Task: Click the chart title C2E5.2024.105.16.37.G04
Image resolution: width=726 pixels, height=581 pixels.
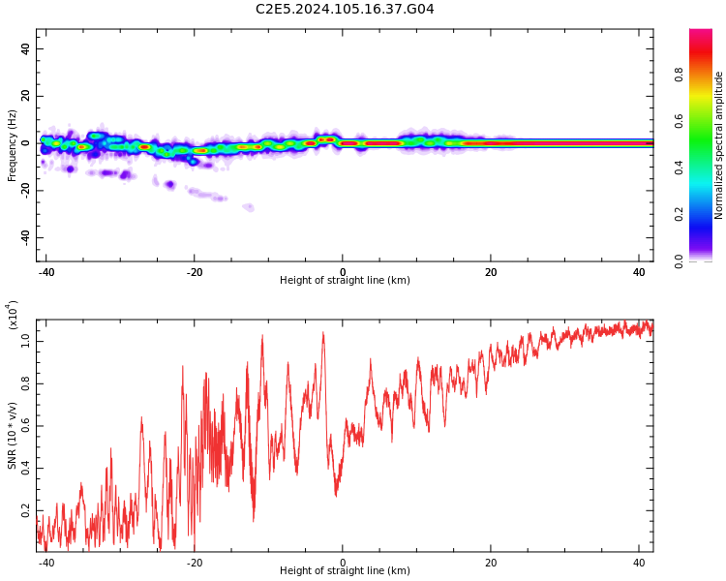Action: pos(345,9)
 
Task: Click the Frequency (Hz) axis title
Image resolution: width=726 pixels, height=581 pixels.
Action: pos(12,145)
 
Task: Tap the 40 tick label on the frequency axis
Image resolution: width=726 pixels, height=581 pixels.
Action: pos(25,48)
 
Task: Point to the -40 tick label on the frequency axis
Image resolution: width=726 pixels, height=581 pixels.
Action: pos(25,237)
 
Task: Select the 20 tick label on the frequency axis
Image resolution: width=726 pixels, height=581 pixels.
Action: pos(25,96)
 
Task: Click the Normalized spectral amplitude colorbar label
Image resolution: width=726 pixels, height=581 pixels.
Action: pos(718,145)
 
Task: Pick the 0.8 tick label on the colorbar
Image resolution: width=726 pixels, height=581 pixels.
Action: pos(680,75)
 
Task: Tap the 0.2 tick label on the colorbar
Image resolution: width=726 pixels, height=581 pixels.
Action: pos(680,214)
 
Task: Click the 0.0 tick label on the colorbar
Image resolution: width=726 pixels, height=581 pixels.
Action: pos(680,261)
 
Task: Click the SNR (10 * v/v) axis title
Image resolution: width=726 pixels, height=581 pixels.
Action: pos(13,436)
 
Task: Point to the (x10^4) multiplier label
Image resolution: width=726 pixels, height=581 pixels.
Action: pos(13,315)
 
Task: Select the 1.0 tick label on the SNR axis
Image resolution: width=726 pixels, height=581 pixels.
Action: pos(25,342)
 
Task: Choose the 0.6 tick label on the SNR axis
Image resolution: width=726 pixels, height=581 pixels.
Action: pos(25,426)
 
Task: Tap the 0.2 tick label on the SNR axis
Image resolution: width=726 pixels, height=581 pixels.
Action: pos(25,510)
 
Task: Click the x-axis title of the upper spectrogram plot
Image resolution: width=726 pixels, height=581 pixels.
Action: pos(345,280)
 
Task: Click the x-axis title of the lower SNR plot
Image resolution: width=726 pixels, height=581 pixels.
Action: pos(345,570)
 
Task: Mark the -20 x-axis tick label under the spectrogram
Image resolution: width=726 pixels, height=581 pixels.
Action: pos(195,272)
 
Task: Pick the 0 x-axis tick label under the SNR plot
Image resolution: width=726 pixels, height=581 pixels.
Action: pos(343,563)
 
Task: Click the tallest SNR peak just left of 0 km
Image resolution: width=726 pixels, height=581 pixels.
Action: pos(323,333)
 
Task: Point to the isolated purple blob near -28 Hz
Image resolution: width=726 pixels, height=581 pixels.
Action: pos(249,207)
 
